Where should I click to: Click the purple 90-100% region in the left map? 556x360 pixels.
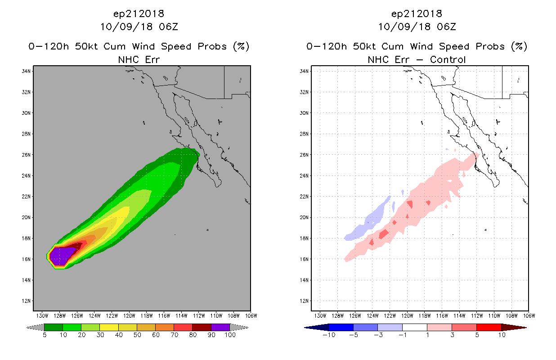tap(62, 256)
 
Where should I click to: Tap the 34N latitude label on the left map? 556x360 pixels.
tap(26, 71)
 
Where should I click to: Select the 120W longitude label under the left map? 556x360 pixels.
tap(129, 316)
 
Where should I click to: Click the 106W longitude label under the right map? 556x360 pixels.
tap(529, 316)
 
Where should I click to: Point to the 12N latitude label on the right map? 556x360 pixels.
tap(304, 301)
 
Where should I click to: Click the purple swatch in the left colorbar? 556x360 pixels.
tap(220, 327)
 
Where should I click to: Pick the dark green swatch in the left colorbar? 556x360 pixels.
tap(54, 327)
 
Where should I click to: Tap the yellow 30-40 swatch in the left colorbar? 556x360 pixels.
tap(109, 327)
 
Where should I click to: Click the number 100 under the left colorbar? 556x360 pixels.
tap(230, 335)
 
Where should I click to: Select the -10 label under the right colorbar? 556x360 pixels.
tap(329, 335)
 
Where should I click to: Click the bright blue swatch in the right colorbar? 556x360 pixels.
tap(341, 327)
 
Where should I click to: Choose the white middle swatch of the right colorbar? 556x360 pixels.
tap(415, 327)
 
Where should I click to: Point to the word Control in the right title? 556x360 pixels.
tap(448, 60)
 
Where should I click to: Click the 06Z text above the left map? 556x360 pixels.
tap(168, 27)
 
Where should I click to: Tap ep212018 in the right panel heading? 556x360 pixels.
tap(417, 14)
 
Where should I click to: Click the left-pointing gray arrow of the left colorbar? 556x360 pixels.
tap(35, 327)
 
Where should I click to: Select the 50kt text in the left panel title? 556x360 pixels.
tap(86, 46)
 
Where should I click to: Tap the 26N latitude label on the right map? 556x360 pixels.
tap(304, 155)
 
